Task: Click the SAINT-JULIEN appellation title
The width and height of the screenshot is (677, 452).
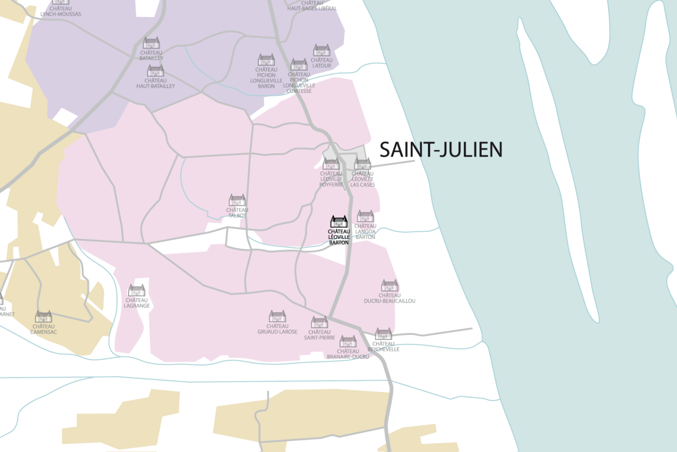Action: click(441, 150)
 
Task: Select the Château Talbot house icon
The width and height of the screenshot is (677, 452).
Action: click(237, 200)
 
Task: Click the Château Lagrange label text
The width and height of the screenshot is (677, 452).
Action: click(137, 303)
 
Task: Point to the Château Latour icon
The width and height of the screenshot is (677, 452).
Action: click(322, 50)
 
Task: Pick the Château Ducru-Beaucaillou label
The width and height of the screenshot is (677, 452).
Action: click(390, 298)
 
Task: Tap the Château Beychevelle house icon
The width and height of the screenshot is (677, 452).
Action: click(384, 334)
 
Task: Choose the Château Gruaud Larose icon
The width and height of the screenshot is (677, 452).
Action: click(277, 316)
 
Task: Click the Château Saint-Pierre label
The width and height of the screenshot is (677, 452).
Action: click(319, 335)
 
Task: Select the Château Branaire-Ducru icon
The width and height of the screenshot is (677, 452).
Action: click(348, 342)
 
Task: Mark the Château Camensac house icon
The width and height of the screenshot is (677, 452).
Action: click(44, 317)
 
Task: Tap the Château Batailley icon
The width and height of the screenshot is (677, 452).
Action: click(152, 43)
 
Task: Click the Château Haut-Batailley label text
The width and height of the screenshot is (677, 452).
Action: click(155, 84)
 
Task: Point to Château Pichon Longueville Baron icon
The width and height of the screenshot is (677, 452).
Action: click(266, 60)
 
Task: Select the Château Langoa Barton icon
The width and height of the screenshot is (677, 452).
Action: click(365, 217)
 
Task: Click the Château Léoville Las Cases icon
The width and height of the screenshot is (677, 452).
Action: click(362, 165)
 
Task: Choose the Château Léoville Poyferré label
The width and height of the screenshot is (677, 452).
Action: click(331, 179)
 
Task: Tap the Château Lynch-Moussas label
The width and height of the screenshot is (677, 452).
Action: click(61, 11)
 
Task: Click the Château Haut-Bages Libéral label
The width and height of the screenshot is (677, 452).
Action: click(312, 6)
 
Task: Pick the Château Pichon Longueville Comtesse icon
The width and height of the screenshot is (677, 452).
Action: click(299, 65)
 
